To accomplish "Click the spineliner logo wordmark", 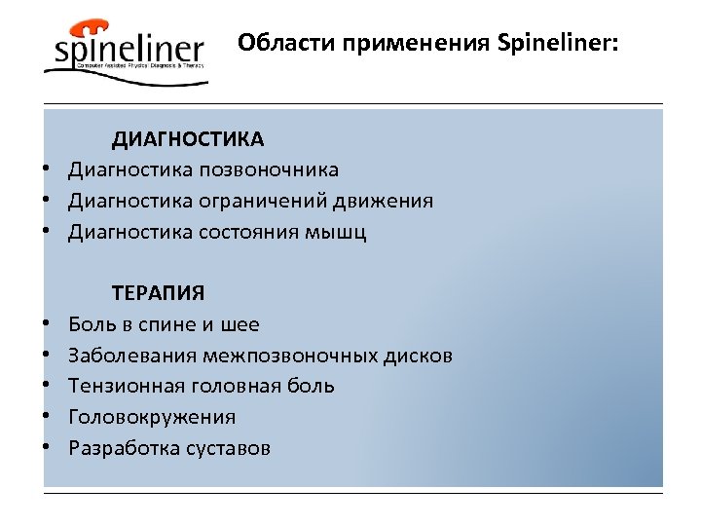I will click(x=129, y=52).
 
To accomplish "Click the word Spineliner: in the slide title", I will click(x=557, y=44).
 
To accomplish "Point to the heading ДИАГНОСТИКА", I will click(x=187, y=139).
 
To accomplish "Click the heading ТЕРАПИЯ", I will click(x=159, y=292).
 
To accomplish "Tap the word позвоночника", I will click(x=270, y=170).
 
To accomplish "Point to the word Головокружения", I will click(x=152, y=417).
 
